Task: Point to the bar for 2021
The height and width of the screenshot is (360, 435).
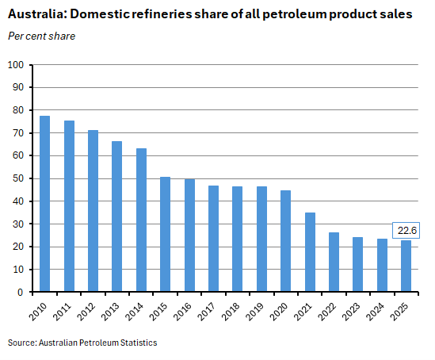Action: [310, 252]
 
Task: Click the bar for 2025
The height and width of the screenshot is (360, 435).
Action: [406, 266]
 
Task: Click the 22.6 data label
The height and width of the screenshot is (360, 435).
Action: [406, 230]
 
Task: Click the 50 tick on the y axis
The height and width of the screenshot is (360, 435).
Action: [17, 178]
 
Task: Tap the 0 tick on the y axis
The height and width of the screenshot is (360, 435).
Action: [20, 293]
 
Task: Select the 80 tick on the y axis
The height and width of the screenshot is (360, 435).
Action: [17, 110]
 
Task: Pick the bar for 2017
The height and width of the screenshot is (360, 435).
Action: [214, 239]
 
